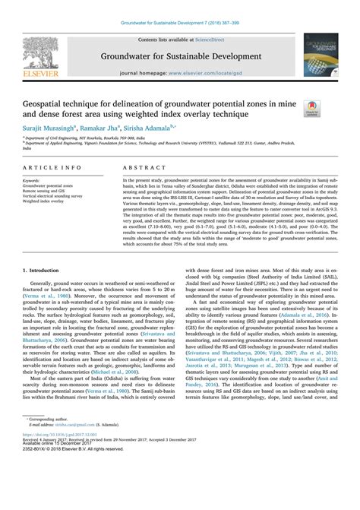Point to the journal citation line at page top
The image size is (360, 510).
point(180,6)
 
